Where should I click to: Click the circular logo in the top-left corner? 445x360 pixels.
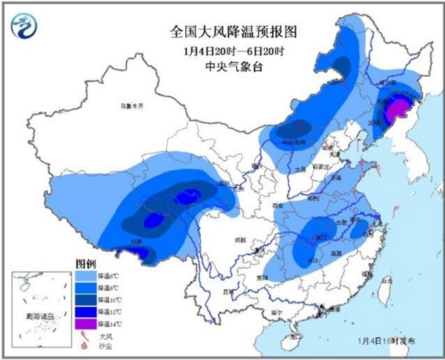(26, 27)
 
